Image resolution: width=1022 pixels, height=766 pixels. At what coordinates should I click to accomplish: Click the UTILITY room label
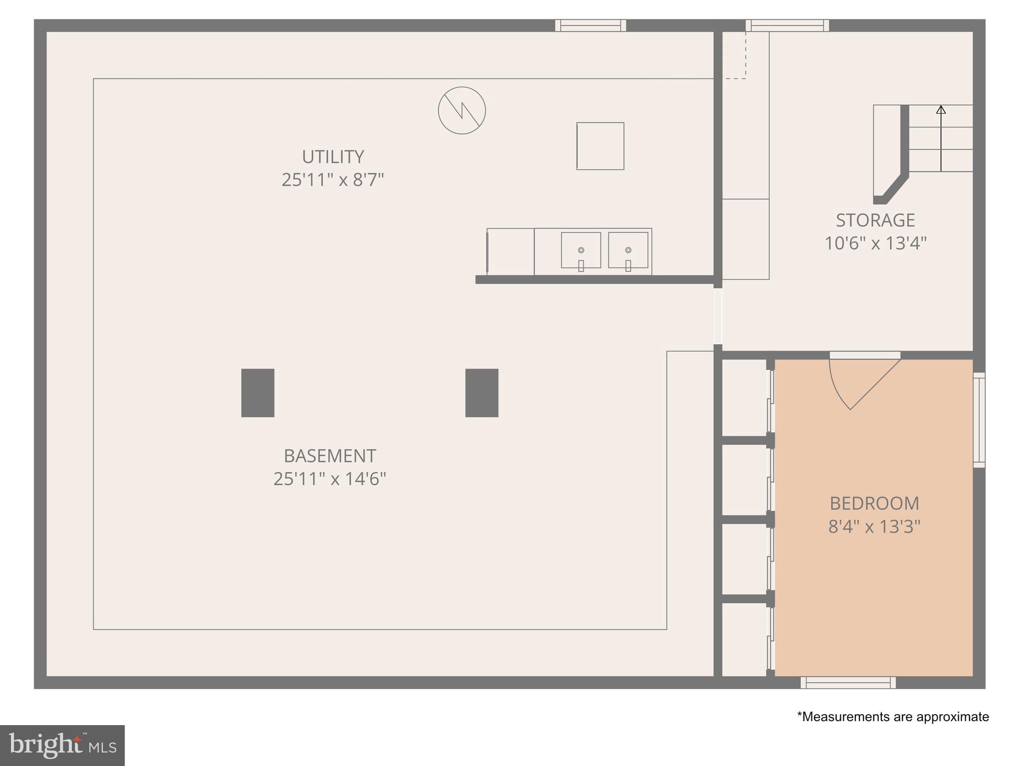(333, 157)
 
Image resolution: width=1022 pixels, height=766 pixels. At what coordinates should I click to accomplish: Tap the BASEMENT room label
(330, 456)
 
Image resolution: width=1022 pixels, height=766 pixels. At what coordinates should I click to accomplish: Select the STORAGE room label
(875, 220)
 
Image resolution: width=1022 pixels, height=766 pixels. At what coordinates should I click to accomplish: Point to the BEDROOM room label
(874, 503)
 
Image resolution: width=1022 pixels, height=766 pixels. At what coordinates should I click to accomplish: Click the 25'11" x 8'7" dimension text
(333, 180)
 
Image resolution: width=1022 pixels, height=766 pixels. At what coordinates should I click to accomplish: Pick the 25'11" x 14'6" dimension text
(330, 479)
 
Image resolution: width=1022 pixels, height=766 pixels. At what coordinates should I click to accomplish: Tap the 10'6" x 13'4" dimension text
(875, 243)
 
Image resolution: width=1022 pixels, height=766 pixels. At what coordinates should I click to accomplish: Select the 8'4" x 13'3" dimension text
(874, 527)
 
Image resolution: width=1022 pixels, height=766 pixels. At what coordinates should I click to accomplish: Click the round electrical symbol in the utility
(462, 110)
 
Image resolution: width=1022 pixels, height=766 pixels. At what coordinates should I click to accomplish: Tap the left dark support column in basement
(257, 393)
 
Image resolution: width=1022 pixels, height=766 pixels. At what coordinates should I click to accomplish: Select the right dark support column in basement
(482, 393)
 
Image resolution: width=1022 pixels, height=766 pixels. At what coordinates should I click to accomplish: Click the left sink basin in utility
(581, 250)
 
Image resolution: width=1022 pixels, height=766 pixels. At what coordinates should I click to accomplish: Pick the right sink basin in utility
(628, 250)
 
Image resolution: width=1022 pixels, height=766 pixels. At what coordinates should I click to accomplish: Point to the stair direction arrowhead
(941, 109)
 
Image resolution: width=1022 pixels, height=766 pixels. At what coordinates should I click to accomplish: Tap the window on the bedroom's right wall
(979, 420)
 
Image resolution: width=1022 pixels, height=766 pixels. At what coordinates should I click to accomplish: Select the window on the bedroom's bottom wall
(848, 682)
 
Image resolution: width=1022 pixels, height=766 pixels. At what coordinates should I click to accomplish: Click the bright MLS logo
(62, 745)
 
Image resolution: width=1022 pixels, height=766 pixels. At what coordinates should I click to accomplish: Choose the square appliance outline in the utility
(600, 146)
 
